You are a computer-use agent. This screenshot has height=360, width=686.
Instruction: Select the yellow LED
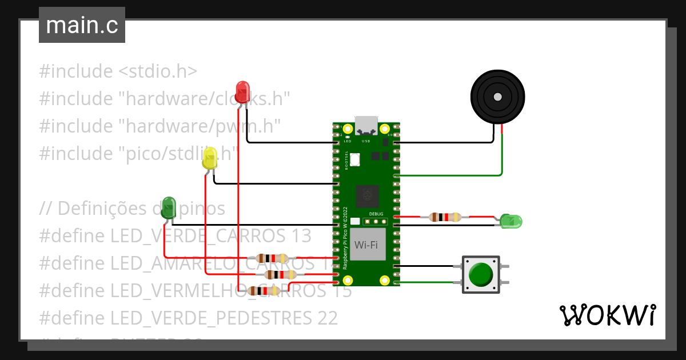(x=210, y=158)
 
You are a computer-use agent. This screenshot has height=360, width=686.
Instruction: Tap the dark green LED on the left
(x=169, y=207)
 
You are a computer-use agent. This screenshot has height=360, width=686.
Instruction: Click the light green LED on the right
(x=510, y=221)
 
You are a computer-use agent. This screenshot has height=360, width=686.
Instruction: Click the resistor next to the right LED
(x=445, y=217)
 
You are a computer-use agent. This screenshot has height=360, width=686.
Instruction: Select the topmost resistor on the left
(x=272, y=258)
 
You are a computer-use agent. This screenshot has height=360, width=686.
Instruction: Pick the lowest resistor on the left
(x=263, y=291)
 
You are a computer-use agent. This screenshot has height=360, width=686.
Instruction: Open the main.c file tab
(x=82, y=25)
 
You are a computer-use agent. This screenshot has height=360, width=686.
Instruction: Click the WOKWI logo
(x=607, y=315)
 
